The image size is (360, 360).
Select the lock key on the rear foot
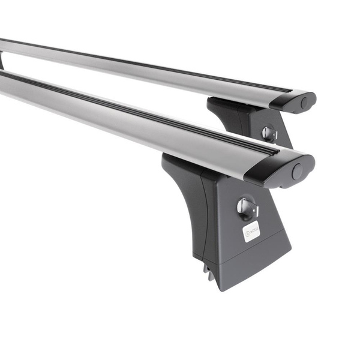tap(269, 133)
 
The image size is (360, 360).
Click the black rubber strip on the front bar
tap(150, 115)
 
